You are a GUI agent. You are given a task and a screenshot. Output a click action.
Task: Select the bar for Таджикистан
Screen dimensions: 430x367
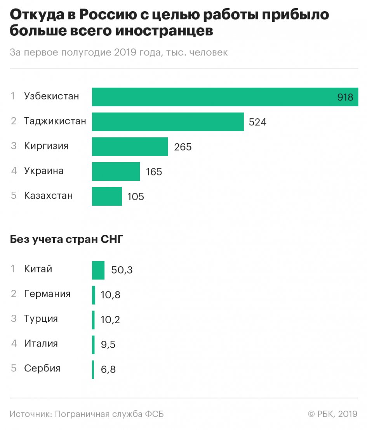(x=168, y=122)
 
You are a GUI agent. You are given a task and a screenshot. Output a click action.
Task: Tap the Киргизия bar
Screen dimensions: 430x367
(x=130, y=147)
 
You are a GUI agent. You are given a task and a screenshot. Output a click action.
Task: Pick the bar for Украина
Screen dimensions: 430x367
(x=116, y=172)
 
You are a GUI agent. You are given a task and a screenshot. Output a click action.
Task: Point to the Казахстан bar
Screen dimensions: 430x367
(x=107, y=196)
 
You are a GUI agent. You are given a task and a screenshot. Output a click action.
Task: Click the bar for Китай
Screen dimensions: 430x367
(x=98, y=270)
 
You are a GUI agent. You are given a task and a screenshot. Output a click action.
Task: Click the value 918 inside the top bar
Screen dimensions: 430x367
(x=345, y=97)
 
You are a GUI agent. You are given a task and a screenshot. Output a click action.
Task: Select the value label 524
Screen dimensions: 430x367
(x=257, y=122)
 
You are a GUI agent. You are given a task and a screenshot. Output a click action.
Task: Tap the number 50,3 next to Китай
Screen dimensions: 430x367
(x=122, y=270)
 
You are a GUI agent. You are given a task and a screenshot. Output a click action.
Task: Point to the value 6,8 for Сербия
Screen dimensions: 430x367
(x=108, y=369)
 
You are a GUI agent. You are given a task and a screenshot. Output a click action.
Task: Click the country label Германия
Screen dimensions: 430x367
(x=47, y=294)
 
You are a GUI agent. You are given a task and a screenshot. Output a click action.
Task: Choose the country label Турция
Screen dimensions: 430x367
(x=41, y=319)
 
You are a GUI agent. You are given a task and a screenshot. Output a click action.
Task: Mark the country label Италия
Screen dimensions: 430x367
(x=41, y=343)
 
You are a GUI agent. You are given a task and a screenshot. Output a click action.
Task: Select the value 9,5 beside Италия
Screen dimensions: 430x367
(x=108, y=345)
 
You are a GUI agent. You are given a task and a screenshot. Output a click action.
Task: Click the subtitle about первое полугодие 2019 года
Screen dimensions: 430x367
(x=118, y=53)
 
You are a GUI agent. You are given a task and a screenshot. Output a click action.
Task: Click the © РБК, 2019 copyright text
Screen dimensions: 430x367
(x=332, y=414)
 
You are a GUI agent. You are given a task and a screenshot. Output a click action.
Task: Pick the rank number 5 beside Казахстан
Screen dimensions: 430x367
(x=14, y=196)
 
